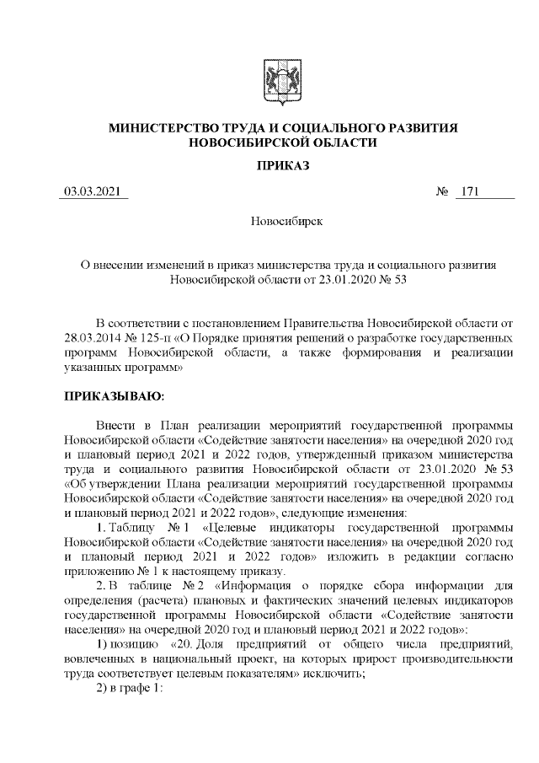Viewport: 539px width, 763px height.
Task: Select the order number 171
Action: click(x=469, y=194)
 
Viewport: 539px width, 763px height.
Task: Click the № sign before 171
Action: click(x=441, y=194)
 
